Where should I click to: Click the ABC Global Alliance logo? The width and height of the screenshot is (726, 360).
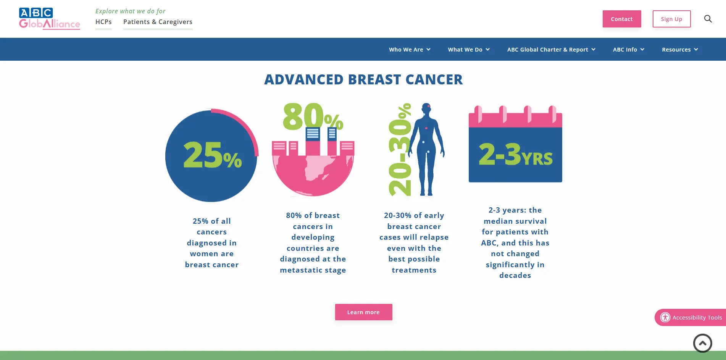[50, 18]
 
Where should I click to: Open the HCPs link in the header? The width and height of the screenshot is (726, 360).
[103, 22]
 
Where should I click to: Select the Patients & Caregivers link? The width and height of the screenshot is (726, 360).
[158, 22]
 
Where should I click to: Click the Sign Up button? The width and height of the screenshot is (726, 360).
[671, 19]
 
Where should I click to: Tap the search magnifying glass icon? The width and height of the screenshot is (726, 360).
[708, 19]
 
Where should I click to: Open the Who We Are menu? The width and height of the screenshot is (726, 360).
[410, 49]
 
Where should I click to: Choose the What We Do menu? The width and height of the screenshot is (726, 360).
[469, 49]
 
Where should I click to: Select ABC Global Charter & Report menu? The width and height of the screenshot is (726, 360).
[551, 49]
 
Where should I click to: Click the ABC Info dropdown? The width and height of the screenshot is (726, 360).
[629, 49]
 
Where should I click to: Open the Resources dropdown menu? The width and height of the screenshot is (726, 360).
[680, 49]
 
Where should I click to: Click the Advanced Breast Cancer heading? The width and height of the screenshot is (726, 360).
[363, 79]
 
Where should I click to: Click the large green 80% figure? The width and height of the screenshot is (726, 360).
[313, 116]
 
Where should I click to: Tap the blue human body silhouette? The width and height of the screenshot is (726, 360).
[426, 149]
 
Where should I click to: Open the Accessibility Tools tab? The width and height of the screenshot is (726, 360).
[691, 317]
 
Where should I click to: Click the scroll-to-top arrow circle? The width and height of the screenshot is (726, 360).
[703, 343]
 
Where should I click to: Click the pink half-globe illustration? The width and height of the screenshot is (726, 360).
[313, 176]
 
